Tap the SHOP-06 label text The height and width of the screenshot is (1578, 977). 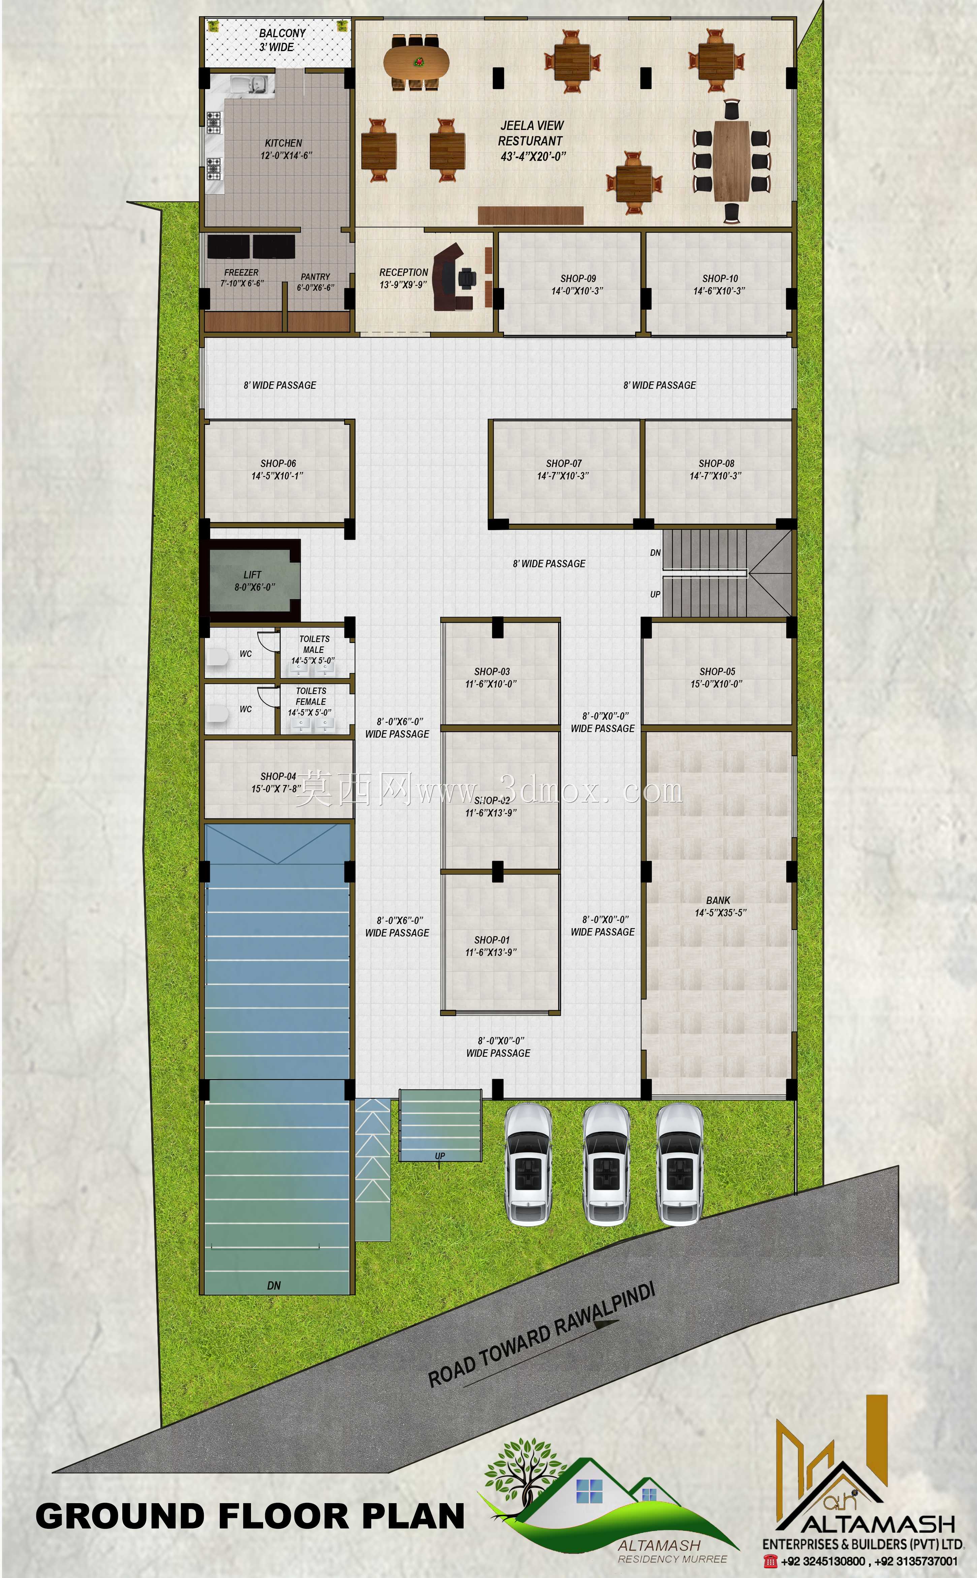click(x=278, y=464)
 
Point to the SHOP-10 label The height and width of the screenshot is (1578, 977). click(x=720, y=279)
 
